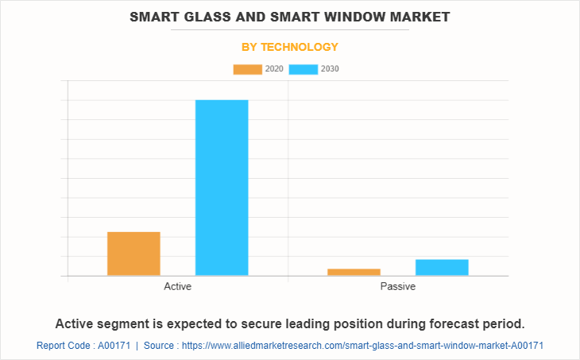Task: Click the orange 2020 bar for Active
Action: [x=133, y=254]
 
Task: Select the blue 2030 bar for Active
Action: [x=222, y=188]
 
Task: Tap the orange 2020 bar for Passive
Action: [x=354, y=272]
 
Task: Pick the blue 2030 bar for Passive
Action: [x=442, y=267]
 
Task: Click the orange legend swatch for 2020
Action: [x=247, y=69]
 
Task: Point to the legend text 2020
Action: [x=274, y=69]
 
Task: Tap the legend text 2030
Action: [x=330, y=69]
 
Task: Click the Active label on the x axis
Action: [x=177, y=286]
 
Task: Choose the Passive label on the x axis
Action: [x=397, y=286]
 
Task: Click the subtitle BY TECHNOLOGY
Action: [x=290, y=47]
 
